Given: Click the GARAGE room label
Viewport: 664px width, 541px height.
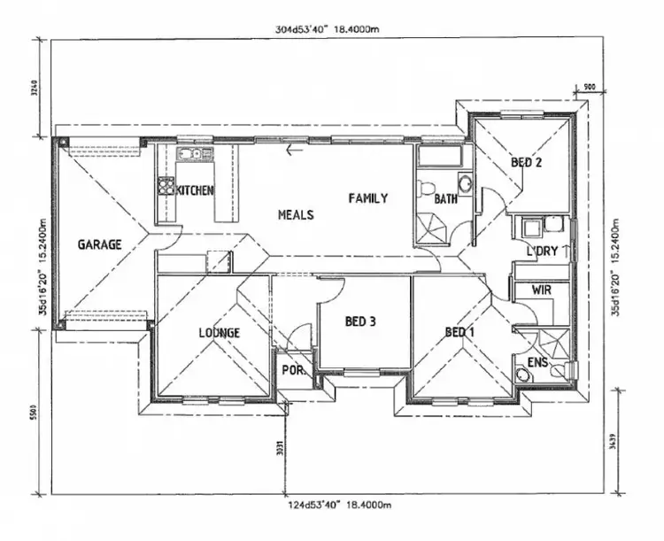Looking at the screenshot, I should coord(98,244).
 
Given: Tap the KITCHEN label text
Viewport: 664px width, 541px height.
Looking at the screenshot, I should coord(196,190).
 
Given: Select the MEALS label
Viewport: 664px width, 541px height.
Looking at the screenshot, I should coord(296,214).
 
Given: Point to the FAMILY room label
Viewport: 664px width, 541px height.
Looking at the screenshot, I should coord(367,198).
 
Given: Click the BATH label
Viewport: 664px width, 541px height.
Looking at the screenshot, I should coord(445,199).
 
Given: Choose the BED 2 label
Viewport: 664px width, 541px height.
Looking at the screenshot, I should coord(526,163).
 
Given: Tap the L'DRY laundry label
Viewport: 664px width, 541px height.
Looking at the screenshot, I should coord(542,251).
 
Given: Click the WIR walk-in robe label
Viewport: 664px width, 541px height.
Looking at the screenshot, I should coord(542,290).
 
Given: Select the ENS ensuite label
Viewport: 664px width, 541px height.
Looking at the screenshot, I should coord(537,363).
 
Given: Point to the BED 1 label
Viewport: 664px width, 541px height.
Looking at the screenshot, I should coord(460,332).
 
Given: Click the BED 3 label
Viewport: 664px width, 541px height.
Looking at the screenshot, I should coord(360,321).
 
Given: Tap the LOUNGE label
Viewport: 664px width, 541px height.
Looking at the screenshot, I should coord(219,333).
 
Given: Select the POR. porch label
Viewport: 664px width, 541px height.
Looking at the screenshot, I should coord(293,372).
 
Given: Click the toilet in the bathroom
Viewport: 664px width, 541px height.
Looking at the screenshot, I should coord(426,189).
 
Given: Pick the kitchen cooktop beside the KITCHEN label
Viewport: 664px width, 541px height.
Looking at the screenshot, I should coord(166,186).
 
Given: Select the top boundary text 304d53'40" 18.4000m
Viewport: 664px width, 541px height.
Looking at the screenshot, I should coord(328,29).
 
